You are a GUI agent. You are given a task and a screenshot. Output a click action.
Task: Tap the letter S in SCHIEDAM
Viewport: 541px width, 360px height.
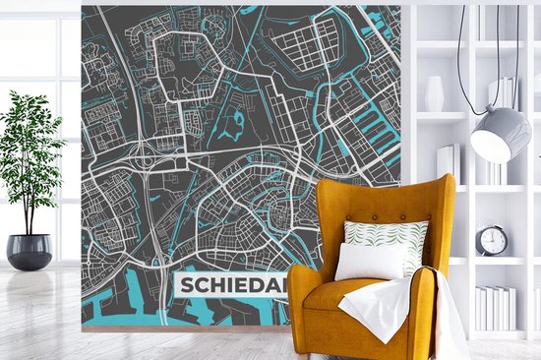click(x=186, y=288)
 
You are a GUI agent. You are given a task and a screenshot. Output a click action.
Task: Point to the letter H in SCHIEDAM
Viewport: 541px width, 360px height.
click(x=217, y=288)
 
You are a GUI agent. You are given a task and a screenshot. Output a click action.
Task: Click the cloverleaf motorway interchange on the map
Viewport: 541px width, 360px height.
click(x=148, y=161)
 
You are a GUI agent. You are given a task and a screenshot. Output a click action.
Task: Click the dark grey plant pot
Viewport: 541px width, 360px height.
click(x=29, y=251)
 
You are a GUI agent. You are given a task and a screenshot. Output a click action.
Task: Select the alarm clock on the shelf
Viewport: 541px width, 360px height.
click(x=493, y=239)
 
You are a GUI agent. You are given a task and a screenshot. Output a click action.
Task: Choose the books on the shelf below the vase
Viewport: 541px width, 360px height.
click(x=448, y=161)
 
